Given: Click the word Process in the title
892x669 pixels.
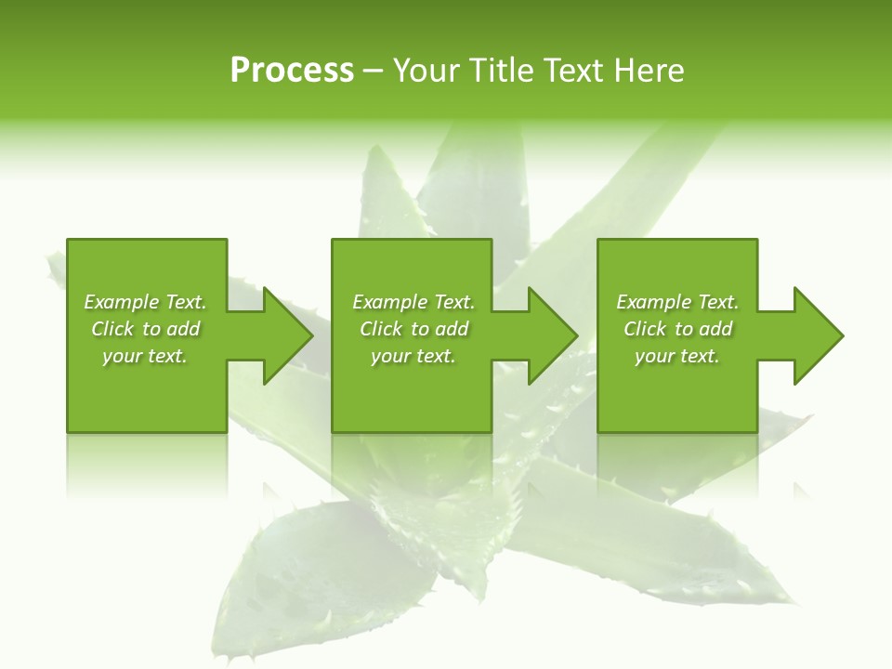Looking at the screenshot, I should [292, 71].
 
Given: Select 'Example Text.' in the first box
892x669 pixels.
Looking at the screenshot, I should [145, 302].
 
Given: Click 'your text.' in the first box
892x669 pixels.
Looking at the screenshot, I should [145, 356].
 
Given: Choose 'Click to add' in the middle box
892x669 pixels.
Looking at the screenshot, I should [413, 329].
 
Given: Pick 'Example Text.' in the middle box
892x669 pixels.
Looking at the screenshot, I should [413, 302].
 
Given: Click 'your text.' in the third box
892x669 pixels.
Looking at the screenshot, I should [677, 356].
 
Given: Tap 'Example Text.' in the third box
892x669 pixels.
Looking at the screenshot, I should [677, 302].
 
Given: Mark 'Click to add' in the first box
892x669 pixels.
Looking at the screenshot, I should [145, 329].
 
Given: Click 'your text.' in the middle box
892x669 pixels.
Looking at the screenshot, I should [413, 356].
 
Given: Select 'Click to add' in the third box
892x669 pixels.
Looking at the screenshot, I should [677, 329].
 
